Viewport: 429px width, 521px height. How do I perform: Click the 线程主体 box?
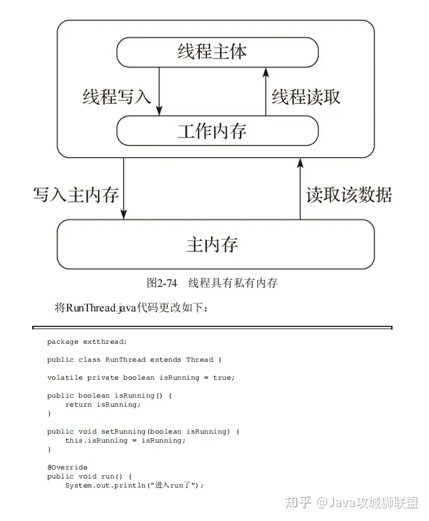tap(217, 52)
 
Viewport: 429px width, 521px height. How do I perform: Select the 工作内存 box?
tap(217, 131)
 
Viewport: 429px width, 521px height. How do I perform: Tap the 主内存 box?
tap(215, 244)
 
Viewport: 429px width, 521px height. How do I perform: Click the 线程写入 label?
tap(117, 96)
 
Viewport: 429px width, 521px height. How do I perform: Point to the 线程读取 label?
tap(306, 96)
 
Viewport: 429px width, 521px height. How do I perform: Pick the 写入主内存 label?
tap(75, 195)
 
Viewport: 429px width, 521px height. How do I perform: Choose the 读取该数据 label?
tap(349, 195)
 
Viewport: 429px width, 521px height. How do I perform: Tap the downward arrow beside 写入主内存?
tap(124, 189)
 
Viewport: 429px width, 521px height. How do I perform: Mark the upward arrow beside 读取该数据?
tap(300, 189)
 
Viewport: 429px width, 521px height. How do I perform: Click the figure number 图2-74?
tap(162, 283)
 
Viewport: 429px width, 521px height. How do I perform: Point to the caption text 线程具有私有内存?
tap(233, 283)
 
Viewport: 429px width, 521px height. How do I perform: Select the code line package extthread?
tap(87, 342)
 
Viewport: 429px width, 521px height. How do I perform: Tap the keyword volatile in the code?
tap(65, 378)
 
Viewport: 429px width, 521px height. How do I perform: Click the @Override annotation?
tap(67, 467)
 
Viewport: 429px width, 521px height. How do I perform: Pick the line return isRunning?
tap(103, 405)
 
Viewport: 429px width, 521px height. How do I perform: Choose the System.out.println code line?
tap(134, 485)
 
